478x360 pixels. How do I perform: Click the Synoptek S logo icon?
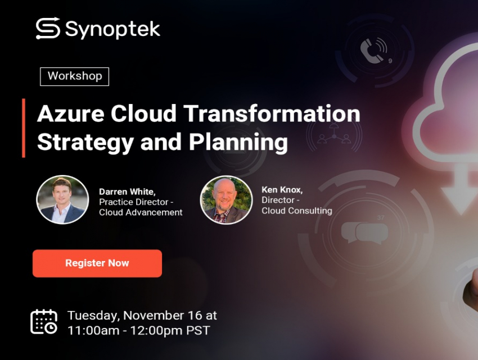[48, 28]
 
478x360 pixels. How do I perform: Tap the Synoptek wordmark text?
[112, 30]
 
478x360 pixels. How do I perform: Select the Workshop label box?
[75, 76]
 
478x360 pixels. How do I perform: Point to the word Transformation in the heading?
[272, 114]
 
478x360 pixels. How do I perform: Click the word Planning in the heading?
[238, 142]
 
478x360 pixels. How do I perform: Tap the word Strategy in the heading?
[85, 142]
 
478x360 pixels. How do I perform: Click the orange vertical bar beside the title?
[24, 128]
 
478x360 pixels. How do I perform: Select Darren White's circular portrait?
[62, 200]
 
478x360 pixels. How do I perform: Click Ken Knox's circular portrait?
[226, 200]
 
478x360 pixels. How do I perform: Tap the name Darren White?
[127, 192]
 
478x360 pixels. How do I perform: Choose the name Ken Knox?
[282, 190]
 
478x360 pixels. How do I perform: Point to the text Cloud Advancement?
[141, 212]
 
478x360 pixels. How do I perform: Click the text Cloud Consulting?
[297, 210]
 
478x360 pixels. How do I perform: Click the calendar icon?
[44, 322]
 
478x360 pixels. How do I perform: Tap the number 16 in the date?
[195, 316]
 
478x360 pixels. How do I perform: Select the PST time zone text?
[198, 331]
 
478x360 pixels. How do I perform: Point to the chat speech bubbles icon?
[364, 232]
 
